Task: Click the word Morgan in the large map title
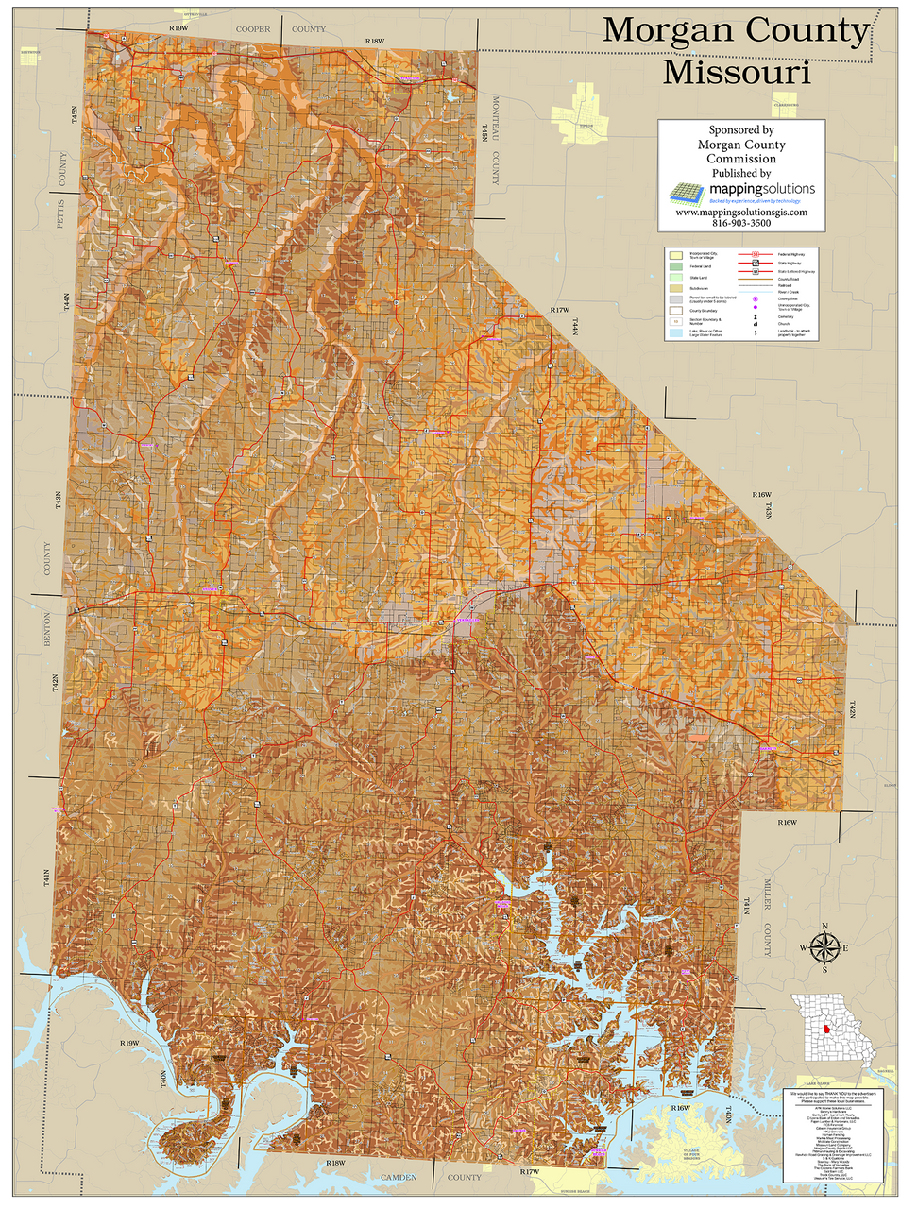coord(669,30)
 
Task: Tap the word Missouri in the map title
coord(736,72)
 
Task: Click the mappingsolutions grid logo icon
coord(688,192)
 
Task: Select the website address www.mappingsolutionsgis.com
coord(740,213)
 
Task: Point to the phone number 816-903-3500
coord(740,224)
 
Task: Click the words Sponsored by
coord(740,130)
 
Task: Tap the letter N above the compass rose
coord(824,926)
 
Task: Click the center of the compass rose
coord(824,947)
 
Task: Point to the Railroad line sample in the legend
coord(756,285)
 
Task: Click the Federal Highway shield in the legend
coord(756,254)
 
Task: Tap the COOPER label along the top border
coord(252,29)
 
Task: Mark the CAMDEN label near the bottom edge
coord(398,1178)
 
